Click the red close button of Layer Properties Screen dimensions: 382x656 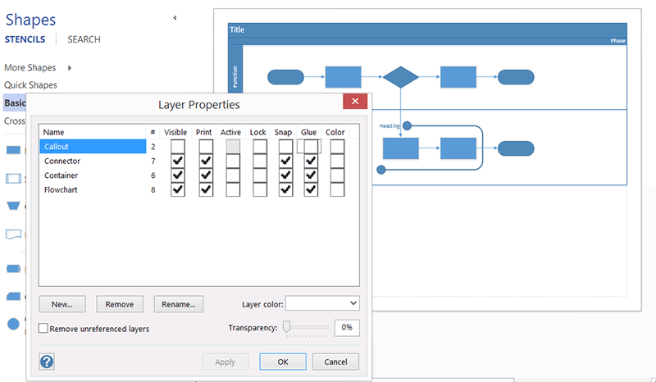tap(354, 102)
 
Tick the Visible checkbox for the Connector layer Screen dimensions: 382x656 tap(178, 161)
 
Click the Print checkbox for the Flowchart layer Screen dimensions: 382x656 tap(206, 189)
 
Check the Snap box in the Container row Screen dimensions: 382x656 tap(285, 175)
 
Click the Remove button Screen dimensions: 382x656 tap(120, 304)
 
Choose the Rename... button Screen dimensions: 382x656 tap(178, 304)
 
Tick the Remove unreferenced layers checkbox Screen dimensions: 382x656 tap(44, 329)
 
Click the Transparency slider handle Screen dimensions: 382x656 tap(287, 327)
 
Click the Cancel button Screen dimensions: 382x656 tap(335, 362)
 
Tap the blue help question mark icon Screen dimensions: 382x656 tap(47, 362)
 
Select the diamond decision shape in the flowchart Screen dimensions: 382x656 tap(401, 77)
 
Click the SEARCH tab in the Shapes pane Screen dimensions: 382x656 tap(84, 39)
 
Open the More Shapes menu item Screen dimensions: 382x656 tap(30, 68)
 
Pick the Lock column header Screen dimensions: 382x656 tap(257, 132)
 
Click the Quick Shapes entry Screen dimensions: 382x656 tap(30, 85)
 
